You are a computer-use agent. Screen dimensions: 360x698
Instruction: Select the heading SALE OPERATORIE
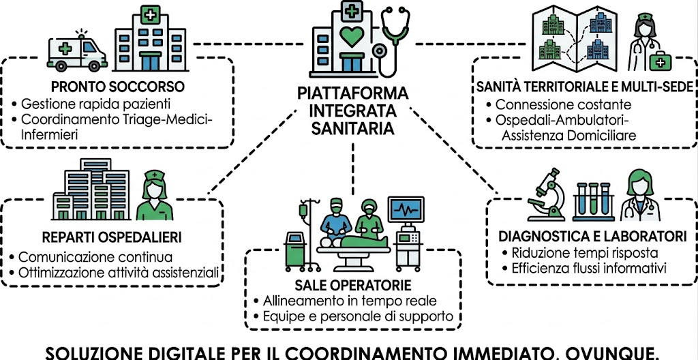pyautogui.click(x=353, y=284)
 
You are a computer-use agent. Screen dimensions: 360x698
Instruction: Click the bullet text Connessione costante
pyautogui.click(x=564, y=105)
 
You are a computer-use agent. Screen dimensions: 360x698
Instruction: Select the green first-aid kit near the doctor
pyautogui.click(x=659, y=62)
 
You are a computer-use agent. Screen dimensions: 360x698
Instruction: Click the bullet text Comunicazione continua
pyautogui.click(x=95, y=258)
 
